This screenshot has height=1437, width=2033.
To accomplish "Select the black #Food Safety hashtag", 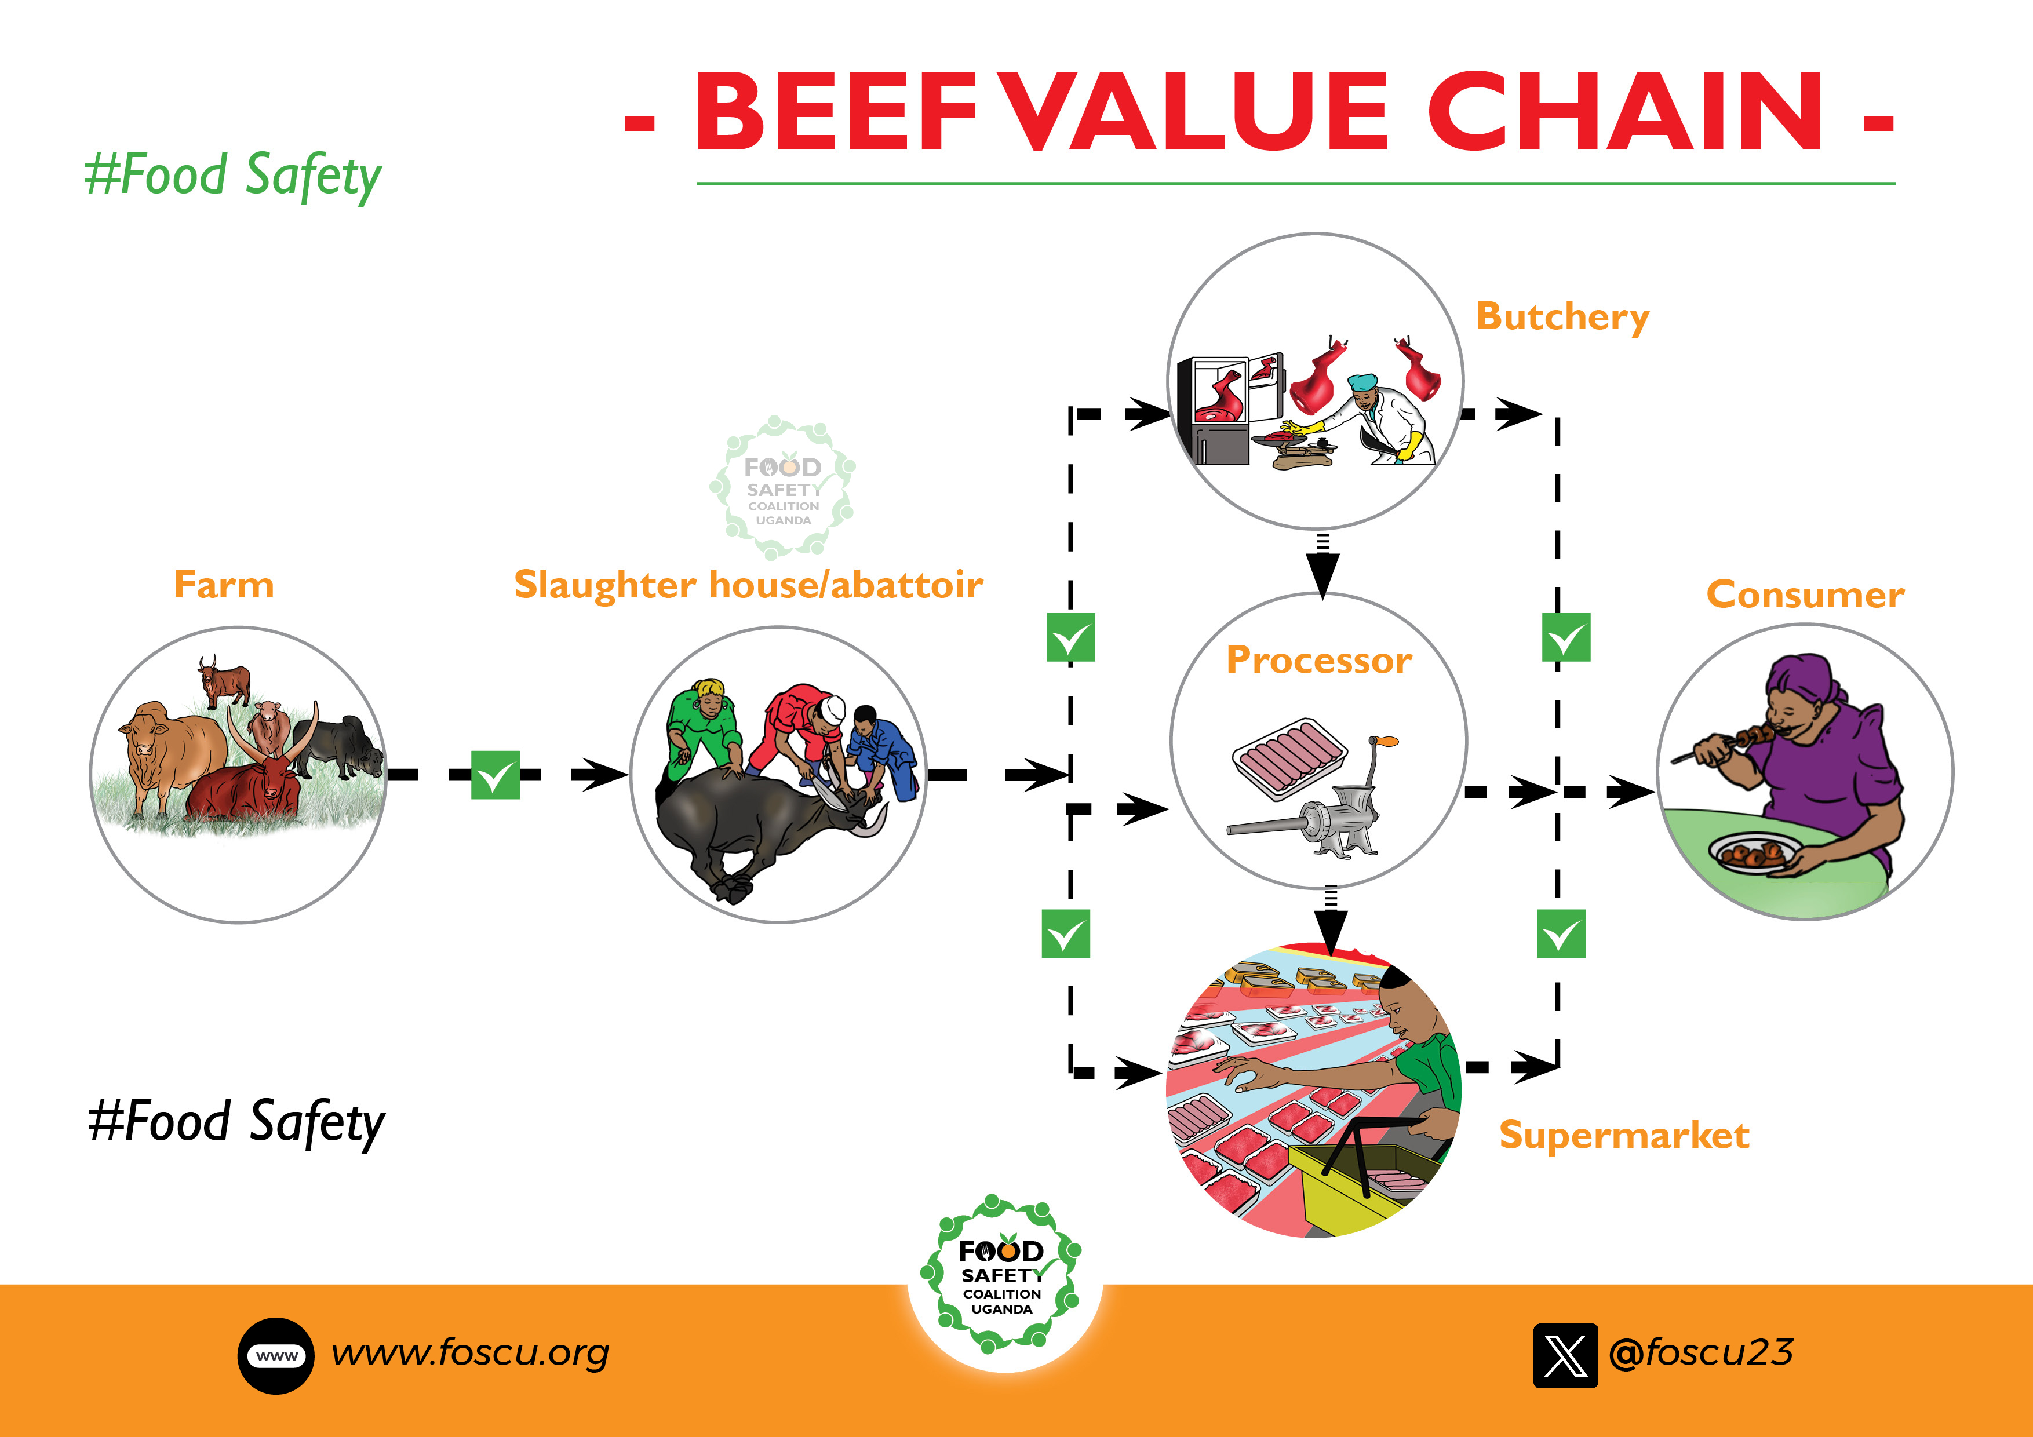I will [236, 1122].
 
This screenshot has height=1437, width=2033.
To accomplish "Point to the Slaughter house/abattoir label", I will [748, 585].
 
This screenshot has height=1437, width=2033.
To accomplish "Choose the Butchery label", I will [1562, 317].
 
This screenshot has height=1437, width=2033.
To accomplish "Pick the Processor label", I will [1318, 661].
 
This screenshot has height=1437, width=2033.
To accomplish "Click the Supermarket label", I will [1624, 1135].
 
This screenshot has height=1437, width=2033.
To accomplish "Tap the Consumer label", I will [1805, 594].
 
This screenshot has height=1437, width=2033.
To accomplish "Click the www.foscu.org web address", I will [470, 1353].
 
